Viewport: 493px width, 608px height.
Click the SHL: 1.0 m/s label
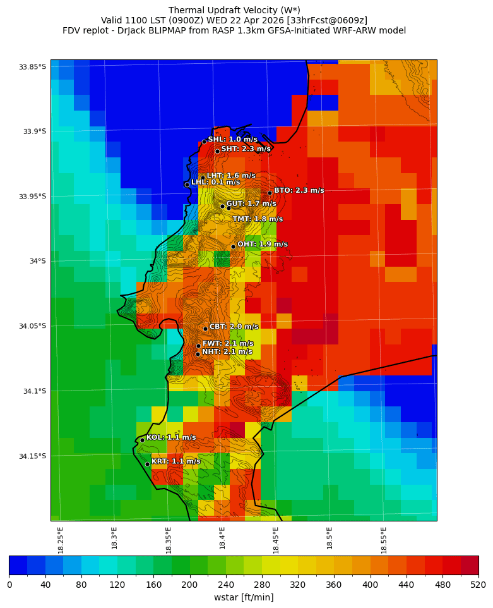coord(232,139)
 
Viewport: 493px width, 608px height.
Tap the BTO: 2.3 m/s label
coord(299,190)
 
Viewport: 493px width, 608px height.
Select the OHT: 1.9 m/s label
coord(262,244)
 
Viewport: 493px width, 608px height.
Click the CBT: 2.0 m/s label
coord(234,327)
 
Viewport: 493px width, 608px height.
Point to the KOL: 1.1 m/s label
coord(171,437)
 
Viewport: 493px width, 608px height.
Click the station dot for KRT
coord(147,464)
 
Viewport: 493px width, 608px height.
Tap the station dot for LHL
coord(187,185)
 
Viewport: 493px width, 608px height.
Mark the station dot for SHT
coord(217,151)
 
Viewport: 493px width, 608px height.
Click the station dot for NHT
coord(198,354)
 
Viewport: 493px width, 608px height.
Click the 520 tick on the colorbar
coord(478,585)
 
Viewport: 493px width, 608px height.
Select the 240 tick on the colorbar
coord(225,585)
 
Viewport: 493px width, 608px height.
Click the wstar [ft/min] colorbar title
coord(244,597)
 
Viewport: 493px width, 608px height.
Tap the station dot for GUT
coord(222,206)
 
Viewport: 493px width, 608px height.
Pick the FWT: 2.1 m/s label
coord(227,343)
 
